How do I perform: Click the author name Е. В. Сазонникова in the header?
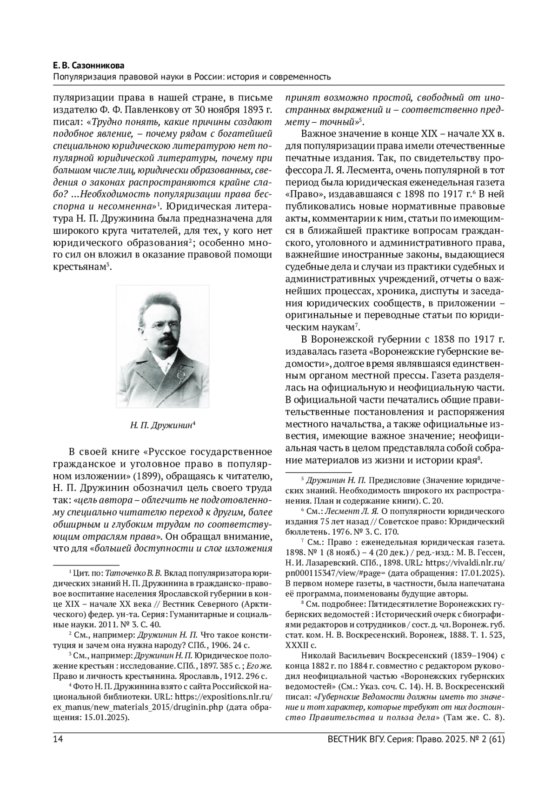(x=91, y=65)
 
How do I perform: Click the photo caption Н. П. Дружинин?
(x=161, y=424)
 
